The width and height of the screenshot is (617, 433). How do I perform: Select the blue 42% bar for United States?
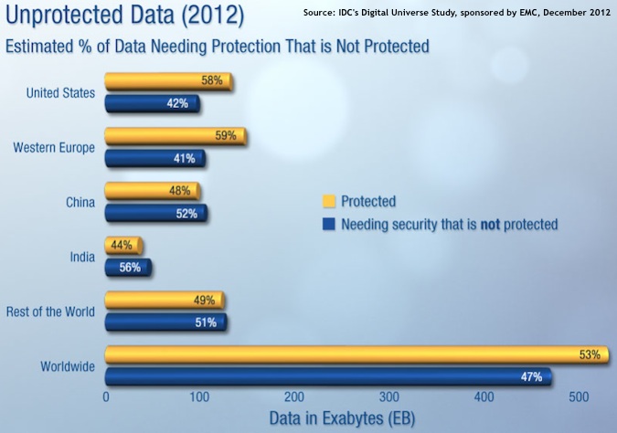click(x=151, y=103)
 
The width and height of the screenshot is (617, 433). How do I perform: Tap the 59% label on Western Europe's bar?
click(x=225, y=136)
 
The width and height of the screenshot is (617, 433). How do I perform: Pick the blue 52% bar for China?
click(x=155, y=213)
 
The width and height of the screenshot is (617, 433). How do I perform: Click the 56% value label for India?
click(x=129, y=268)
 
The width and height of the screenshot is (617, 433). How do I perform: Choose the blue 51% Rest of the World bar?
click(x=165, y=322)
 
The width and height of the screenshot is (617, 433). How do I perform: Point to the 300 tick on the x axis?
click(x=390, y=397)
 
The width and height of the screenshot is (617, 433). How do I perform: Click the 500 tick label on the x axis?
click(x=579, y=397)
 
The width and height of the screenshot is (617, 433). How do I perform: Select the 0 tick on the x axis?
click(x=107, y=397)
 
